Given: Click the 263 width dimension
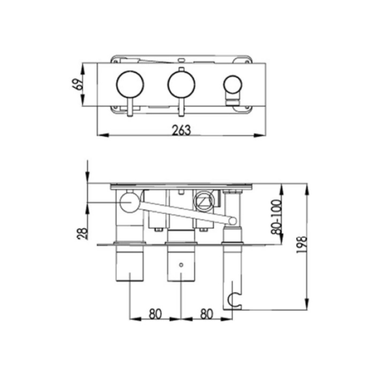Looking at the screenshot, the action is click(181, 130).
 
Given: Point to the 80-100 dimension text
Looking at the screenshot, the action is click(276, 217).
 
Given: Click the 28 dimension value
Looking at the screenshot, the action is click(83, 233).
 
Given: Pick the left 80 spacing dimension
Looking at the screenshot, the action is click(155, 314).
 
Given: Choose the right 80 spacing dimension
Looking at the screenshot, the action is click(206, 314).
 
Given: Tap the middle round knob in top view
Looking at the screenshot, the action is click(181, 85).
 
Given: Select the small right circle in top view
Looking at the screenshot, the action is click(233, 85).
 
